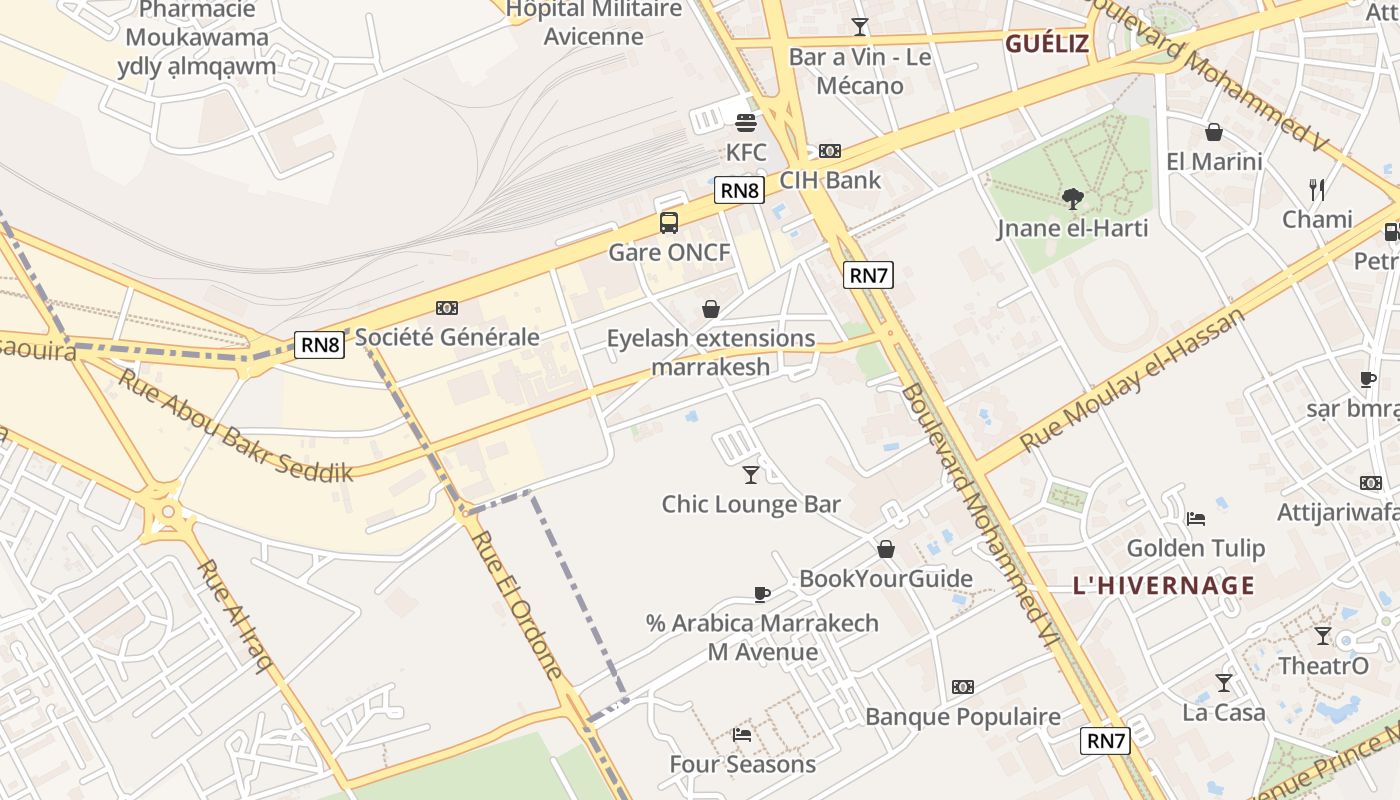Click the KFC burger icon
click(745, 123)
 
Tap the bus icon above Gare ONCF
click(669, 223)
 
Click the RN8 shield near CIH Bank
click(739, 190)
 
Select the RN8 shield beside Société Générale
click(320, 346)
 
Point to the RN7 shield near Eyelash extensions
click(867, 275)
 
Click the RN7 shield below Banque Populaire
click(1106, 741)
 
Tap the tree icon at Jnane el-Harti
click(1073, 198)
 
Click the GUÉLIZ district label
click(1046, 44)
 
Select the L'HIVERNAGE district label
click(1163, 586)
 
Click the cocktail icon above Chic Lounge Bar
click(751, 474)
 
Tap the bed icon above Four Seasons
click(742, 735)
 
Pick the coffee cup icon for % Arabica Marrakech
click(761, 594)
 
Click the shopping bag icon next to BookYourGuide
click(885, 549)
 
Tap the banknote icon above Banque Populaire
click(962, 687)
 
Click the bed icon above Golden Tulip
click(1195, 518)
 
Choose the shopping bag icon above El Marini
click(1214, 132)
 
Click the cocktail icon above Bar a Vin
click(860, 27)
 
